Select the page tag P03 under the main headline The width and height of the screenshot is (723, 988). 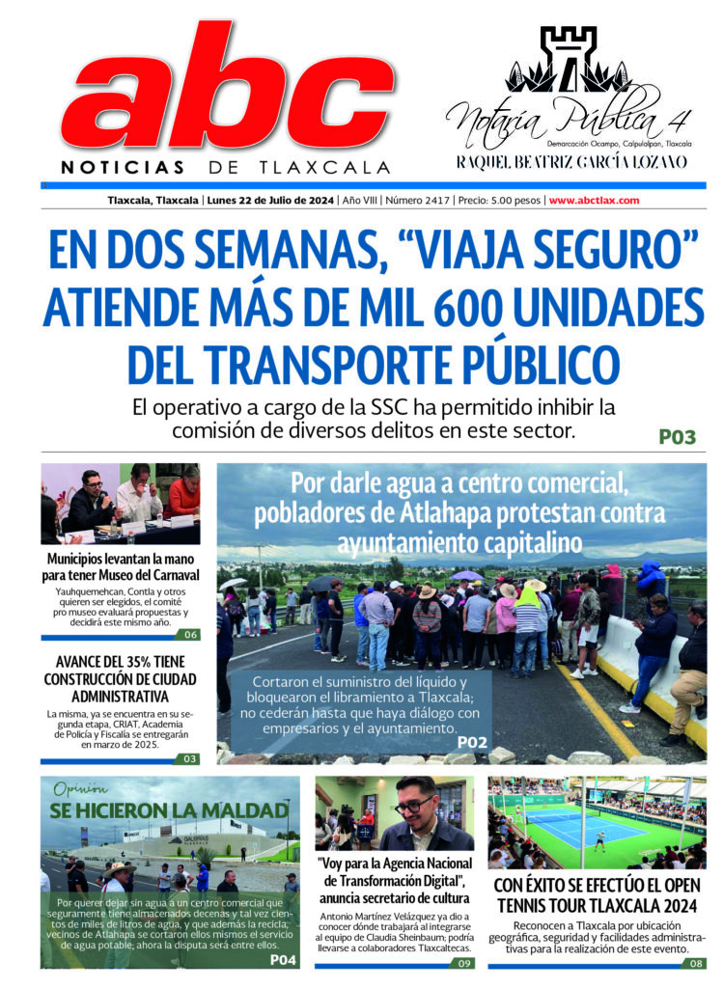click(677, 437)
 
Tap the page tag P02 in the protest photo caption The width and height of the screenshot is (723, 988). click(473, 742)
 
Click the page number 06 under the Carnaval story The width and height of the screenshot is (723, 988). click(190, 634)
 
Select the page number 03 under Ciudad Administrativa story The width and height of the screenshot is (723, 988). click(190, 758)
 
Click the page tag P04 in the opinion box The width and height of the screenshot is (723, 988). click(283, 959)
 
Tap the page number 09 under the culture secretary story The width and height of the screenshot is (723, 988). click(464, 963)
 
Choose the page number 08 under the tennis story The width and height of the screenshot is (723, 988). click(696, 963)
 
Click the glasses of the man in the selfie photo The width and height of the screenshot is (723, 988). click(413, 805)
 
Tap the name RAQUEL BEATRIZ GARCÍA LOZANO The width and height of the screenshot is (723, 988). click(571, 161)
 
